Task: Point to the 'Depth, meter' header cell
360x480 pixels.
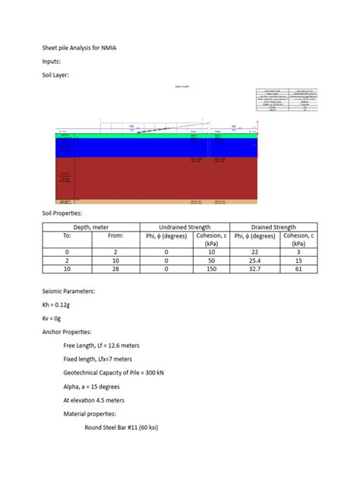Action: [91, 227]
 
